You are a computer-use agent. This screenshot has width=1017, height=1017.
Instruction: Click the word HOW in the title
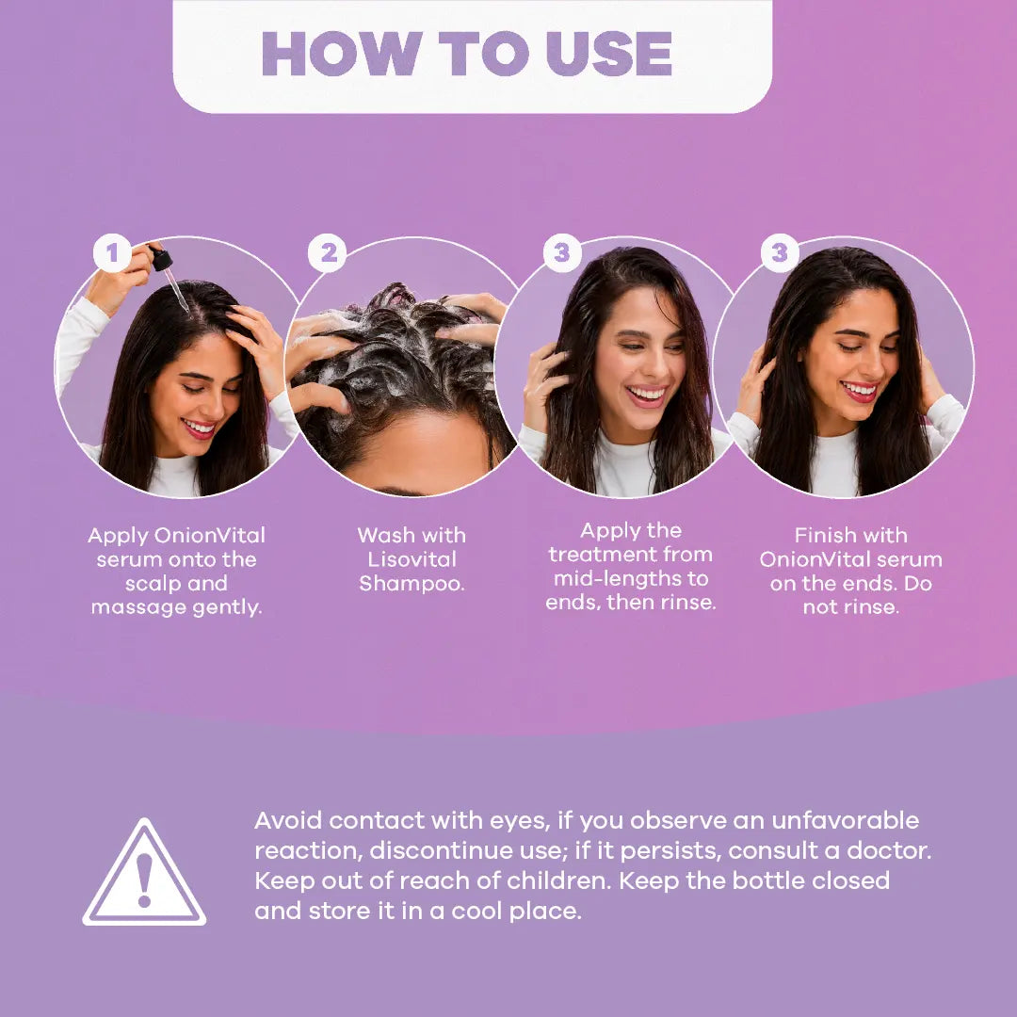[x=343, y=54]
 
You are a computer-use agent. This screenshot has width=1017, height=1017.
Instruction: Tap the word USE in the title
[x=609, y=54]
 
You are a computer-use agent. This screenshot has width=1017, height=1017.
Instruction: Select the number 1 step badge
[x=112, y=253]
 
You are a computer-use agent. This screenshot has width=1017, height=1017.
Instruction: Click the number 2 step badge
[x=328, y=253]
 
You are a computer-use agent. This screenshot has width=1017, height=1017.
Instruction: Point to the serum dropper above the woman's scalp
[x=169, y=276]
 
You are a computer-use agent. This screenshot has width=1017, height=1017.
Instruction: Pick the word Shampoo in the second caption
[x=412, y=584]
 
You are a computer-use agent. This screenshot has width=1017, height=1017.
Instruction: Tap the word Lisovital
[x=412, y=559]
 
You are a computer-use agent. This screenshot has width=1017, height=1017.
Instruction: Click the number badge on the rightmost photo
[x=780, y=253]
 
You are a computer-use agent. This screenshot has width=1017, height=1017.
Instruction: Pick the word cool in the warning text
[x=476, y=912]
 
